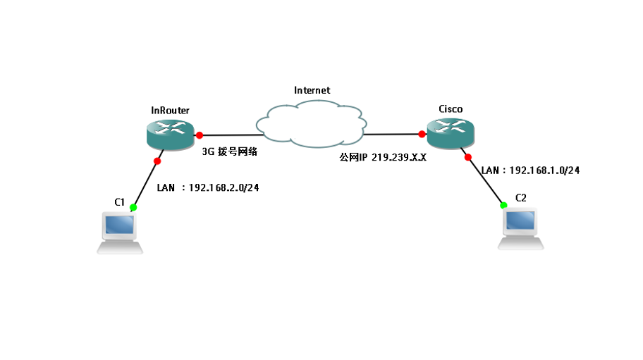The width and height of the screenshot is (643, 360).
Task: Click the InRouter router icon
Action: point(170,134)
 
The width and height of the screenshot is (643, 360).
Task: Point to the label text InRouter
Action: point(170,110)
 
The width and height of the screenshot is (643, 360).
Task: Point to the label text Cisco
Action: point(451,108)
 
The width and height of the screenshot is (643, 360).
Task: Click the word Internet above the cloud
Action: point(312,90)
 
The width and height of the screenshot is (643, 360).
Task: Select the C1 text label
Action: point(120,202)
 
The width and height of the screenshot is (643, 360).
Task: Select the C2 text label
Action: point(521,198)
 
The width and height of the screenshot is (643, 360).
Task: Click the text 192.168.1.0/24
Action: point(544,170)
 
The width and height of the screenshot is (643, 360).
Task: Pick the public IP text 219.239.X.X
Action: point(399,159)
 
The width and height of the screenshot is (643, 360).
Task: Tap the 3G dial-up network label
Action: point(229,151)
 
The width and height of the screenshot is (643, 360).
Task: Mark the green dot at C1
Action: point(133,208)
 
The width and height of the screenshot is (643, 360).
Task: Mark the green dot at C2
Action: point(503,205)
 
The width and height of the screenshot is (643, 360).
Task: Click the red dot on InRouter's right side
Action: point(200,135)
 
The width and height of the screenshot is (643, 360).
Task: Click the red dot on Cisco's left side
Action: point(421,134)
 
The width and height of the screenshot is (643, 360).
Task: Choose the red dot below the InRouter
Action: point(157,161)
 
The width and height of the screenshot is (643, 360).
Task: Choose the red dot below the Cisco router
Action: point(467,157)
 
